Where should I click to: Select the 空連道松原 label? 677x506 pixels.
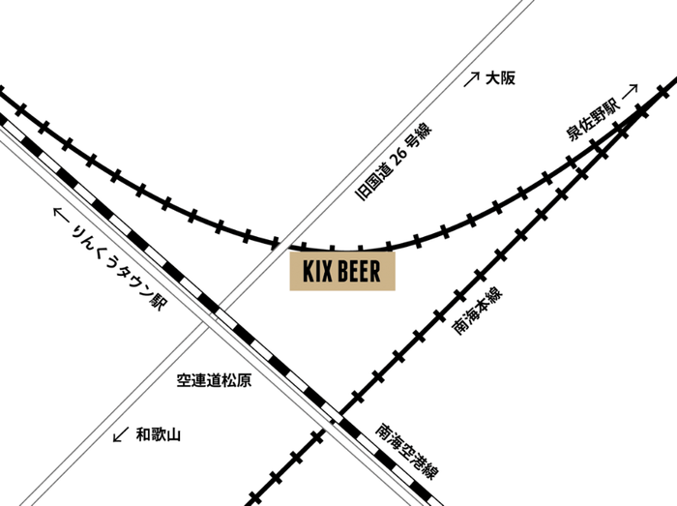(214, 381)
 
